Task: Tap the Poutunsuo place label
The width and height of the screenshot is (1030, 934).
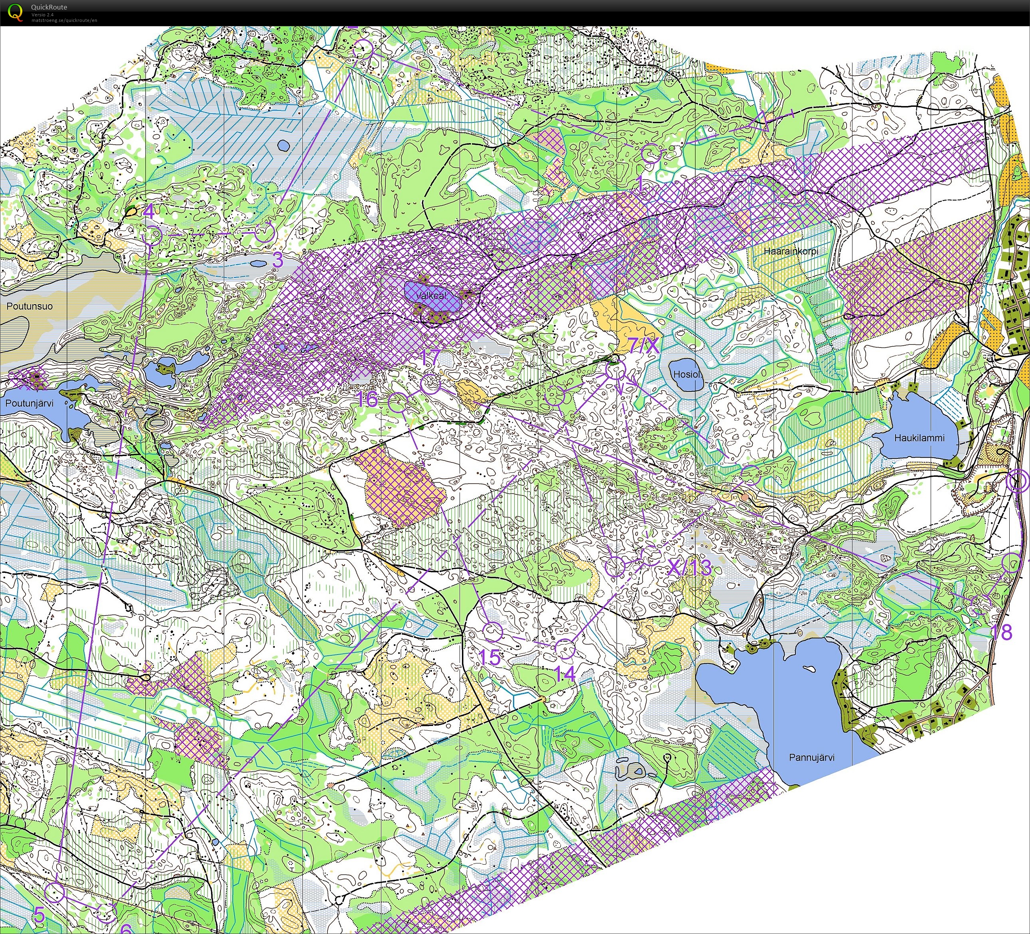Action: [x=29, y=307]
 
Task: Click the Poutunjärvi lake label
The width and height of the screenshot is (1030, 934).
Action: [x=29, y=403]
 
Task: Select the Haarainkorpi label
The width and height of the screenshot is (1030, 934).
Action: [x=791, y=251]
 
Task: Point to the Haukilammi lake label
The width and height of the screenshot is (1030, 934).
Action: [x=919, y=438]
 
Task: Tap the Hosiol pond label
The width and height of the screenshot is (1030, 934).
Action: [x=686, y=374]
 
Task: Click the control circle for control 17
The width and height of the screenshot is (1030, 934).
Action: [x=430, y=383]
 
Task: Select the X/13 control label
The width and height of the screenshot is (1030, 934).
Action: [x=690, y=567]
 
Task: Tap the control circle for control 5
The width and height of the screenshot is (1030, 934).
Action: [x=55, y=892]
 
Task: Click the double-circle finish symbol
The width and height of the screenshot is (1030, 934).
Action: [x=1017, y=482]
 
